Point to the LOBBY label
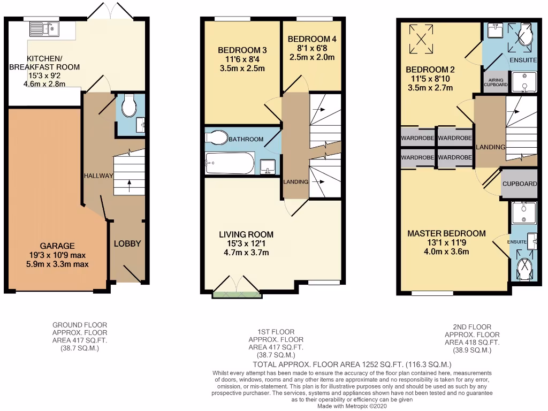point(127,243)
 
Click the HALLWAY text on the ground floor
point(98,176)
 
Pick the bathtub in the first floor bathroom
point(230,163)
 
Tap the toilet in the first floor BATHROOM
point(217,137)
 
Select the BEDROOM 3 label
point(242,50)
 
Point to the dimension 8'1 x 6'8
point(311,48)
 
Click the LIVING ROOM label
point(246,234)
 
